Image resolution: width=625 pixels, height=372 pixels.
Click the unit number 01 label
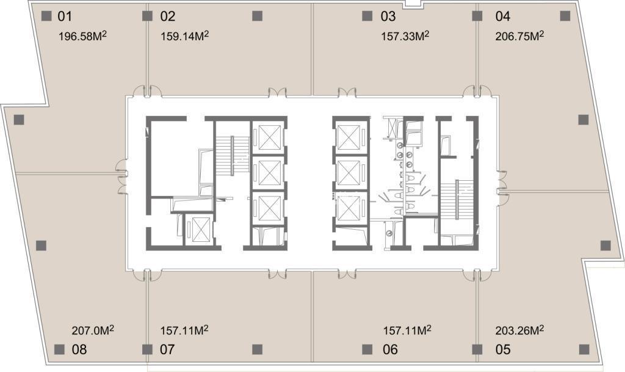pos(65,16)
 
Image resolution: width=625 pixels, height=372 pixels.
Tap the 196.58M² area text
pos(82,36)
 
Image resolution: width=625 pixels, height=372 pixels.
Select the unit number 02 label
pos(168,16)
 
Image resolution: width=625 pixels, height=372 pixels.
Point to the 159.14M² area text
pos(184,36)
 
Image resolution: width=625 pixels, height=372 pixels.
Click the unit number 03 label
pos(388,16)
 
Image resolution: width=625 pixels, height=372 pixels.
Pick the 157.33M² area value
pos(405,36)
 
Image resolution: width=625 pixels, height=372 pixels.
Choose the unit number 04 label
pos(503,16)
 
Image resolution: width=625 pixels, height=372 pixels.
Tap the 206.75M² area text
pos(520,36)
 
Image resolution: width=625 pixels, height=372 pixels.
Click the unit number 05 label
pos(503,349)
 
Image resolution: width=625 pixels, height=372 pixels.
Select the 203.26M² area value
pos(520,330)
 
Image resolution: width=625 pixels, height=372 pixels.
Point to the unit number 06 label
pos(390,349)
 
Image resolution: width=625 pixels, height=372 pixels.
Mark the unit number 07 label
pos(167,349)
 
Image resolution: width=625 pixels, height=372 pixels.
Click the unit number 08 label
pos(79,349)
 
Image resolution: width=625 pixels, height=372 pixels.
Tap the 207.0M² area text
pos(93,330)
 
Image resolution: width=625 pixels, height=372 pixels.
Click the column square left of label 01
pos(47,16)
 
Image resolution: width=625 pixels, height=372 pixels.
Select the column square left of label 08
pos(59,349)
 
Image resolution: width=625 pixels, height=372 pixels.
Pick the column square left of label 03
pos(367,16)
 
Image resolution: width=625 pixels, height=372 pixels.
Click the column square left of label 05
pos(477,349)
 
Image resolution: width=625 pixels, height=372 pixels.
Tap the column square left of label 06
pos(367,349)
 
